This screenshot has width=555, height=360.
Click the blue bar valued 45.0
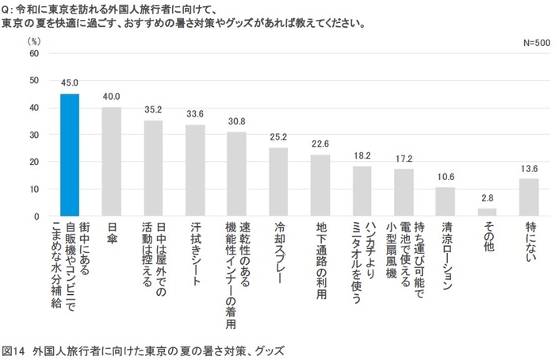70,155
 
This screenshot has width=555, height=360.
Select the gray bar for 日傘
112,162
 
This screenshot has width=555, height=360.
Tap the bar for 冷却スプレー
277,182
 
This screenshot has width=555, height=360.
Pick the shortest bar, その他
486,213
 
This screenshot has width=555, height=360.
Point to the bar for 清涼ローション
445,201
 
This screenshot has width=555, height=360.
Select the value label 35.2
153,110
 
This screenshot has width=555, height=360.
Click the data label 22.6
320,144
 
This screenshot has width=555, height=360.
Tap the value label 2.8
486,198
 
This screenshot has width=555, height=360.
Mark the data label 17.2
403,159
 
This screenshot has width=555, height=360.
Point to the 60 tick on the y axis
34,53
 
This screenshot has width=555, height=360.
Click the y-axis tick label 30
34,135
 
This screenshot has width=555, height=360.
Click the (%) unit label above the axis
33,39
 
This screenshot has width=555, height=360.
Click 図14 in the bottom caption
14,350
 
